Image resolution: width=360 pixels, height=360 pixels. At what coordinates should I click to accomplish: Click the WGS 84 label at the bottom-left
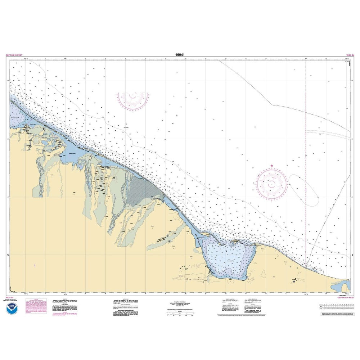[x=10, y=298]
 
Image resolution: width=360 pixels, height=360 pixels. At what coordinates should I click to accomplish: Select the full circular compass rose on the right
[x=272, y=184]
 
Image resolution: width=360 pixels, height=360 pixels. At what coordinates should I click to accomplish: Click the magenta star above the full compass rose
[x=272, y=166]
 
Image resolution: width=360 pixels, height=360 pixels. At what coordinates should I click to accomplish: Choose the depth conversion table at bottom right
[x=336, y=307]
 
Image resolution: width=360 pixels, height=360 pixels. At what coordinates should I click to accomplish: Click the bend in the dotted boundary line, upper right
[x=271, y=105]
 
